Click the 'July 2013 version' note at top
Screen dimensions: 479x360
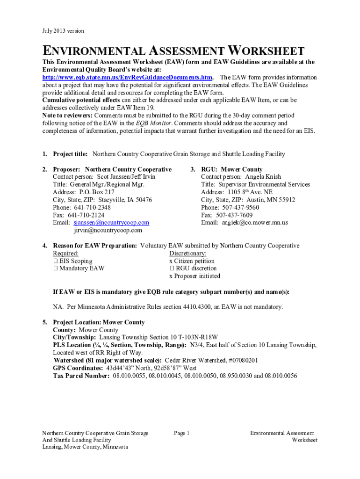pyautogui.click(x=63, y=31)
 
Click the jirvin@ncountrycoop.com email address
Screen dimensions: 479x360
pyautogui.click(x=108, y=230)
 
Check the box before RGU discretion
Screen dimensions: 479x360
pyautogui.click(x=172, y=269)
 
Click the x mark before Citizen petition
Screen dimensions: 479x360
pyautogui.click(x=171, y=261)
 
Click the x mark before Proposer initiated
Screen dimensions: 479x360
pyautogui.click(x=171, y=276)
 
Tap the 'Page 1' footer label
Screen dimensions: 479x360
pyautogui.click(x=181, y=433)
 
